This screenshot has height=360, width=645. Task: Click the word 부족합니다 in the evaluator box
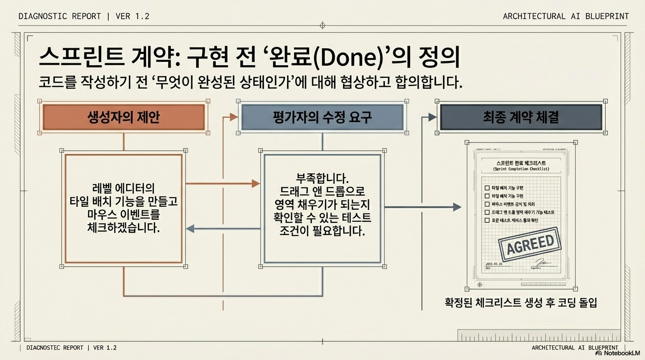[x=322, y=179]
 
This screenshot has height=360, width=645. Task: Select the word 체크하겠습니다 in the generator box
[x=124, y=228]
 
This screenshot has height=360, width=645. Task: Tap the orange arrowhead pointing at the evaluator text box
[x=255, y=183]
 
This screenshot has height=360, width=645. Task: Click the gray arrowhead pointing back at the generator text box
[x=190, y=229]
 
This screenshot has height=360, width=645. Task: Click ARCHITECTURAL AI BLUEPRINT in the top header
[x=566, y=16]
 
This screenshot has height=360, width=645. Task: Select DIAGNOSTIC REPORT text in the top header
[x=60, y=16]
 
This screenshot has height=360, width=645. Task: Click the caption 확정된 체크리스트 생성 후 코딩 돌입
[x=520, y=303]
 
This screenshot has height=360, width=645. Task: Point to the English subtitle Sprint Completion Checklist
[x=521, y=169]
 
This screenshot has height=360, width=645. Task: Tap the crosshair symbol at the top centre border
[x=322, y=26]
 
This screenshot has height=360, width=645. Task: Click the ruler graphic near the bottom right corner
[x=539, y=336]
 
